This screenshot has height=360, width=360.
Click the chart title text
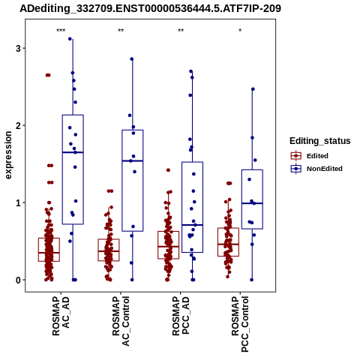(x=151, y=9)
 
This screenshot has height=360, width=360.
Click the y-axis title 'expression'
(x=8, y=155)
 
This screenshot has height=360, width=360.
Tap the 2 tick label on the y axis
(x=18, y=125)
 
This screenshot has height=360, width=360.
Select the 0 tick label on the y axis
(x=18, y=280)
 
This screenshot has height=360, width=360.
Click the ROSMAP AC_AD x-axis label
(x=61, y=316)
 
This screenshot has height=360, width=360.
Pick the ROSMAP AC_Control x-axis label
(x=121, y=321)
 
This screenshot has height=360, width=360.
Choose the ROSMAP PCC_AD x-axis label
(x=181, y=316)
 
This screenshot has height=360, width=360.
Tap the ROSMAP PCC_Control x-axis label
(x=240, y=324)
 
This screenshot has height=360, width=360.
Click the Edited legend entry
(x=310, y=156)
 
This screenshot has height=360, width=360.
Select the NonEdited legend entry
(x=316, y=169)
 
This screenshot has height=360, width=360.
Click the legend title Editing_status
(x=320, y=141)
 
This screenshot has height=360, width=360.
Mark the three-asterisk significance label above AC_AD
(x=61, y=31)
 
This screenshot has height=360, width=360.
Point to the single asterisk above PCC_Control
(x=240, y=31)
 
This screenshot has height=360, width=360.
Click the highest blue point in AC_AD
(x=70, y=39)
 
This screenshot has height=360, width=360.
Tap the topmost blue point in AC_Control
(x=132, y=59)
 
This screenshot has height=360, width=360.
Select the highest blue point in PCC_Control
(x=253, y=89)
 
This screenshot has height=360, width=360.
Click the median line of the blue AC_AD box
(x=73, y=152)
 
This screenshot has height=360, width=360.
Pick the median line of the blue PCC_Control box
(x=252, y=203)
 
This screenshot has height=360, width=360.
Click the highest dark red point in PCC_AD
(x=168, y=170)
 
